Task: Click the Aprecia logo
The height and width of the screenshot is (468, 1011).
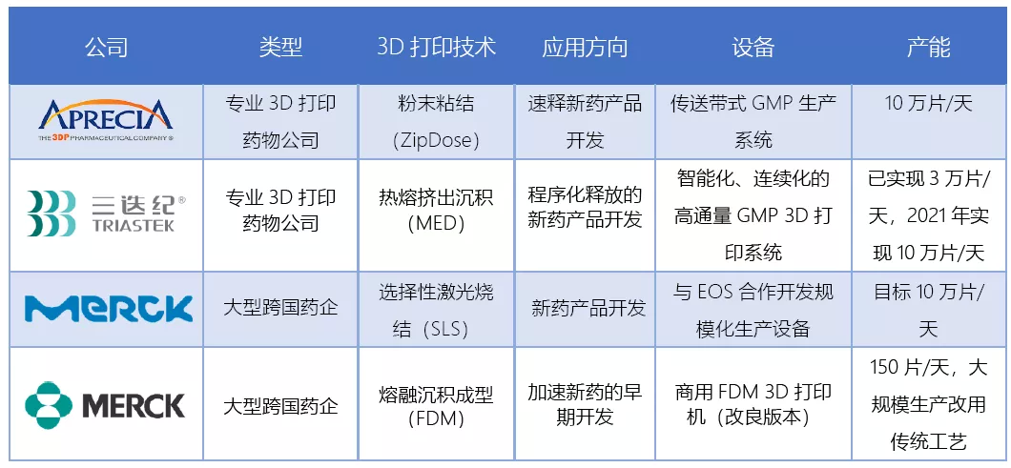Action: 106,120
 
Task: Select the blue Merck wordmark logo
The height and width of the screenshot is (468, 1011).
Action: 109,308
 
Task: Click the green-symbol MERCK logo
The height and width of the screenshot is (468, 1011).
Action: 105,405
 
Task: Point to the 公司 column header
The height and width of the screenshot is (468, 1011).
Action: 107,47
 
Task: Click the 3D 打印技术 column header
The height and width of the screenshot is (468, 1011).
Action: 437,47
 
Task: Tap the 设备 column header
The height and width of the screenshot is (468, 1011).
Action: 753,47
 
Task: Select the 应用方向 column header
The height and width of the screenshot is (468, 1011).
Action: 585,47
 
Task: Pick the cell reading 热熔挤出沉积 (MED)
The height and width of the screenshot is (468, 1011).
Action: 437,215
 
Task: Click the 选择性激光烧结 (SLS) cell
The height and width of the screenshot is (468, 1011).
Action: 437,310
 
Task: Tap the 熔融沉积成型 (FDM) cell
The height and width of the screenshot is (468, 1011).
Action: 437,404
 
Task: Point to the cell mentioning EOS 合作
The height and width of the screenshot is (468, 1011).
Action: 753,310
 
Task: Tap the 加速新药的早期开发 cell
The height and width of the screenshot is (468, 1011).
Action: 585,404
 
